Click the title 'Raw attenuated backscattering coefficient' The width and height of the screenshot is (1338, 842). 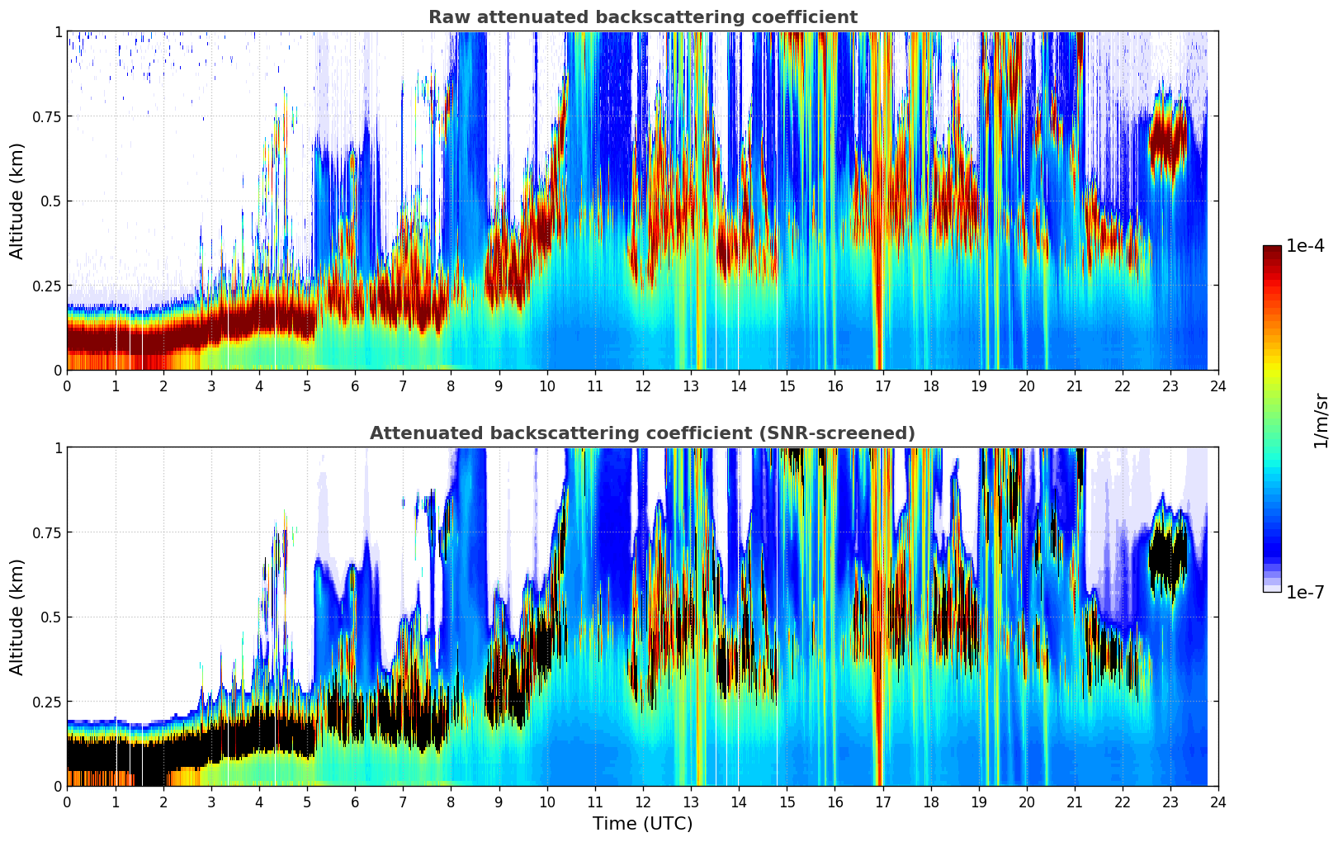point(642,17)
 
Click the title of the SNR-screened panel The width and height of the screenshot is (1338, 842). point(642,433)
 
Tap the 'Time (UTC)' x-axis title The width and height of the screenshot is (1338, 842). point(642,824)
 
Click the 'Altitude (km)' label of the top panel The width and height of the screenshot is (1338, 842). point(17,201)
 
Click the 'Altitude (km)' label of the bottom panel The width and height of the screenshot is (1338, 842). point(17,617)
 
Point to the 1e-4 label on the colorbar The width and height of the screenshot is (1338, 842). point(1305,246)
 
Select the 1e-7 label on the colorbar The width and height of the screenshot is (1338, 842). point(1305,592)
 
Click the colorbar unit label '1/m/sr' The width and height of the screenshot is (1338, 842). point(1320,421)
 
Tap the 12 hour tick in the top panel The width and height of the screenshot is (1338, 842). point(643,386)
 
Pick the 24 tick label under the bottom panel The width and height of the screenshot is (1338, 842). point(1218,802)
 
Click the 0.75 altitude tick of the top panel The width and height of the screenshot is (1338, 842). point(46,116)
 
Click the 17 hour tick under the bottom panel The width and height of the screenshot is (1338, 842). point(882,802)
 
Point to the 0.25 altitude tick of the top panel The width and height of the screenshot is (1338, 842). point(46,286)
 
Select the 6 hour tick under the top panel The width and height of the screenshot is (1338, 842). point(355,386)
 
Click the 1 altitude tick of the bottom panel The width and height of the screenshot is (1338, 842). point(58,447)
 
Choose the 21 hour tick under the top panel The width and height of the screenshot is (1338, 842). point(1075,386)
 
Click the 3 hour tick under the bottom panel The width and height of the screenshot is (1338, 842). point(211,802)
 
